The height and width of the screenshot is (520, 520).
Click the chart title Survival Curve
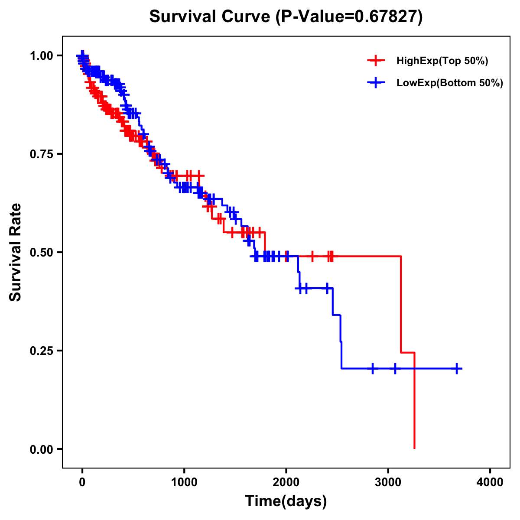point(210,17)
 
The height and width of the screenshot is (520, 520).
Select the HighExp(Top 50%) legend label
point(442,61)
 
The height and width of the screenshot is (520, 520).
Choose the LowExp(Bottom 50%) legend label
point(450,83)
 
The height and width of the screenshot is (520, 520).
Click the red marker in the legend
point(376,61)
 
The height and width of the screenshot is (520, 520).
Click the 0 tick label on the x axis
point(82,482)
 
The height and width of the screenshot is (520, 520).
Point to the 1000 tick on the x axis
point(184,482)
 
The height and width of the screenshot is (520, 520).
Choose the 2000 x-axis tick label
point(286,482)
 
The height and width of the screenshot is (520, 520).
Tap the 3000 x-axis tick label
point(388,482)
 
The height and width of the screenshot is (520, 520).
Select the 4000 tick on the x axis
point(490,482)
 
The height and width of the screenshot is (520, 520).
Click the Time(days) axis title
point(286,501)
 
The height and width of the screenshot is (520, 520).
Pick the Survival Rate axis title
point(16,252)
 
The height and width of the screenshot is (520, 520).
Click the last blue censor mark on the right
point(456,369)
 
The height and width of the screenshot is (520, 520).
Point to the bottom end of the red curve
point(415,448)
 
